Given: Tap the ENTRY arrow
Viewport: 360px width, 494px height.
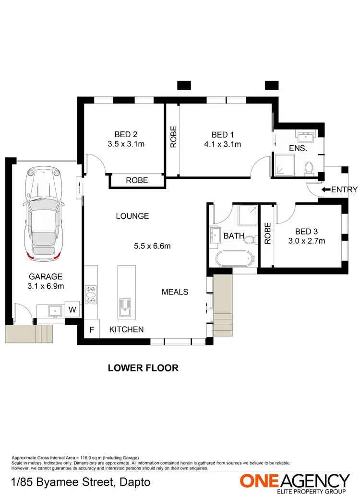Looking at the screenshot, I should coord(326,190).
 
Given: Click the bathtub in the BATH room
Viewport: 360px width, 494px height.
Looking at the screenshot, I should coord(234,259).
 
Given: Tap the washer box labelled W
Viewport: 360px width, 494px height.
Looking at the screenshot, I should coord(72,309).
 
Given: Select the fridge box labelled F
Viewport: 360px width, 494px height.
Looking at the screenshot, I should coord(92,330).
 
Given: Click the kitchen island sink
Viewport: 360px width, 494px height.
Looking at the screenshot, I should coord(125,306).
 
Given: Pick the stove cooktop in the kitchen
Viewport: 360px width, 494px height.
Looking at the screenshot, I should coord(91,295).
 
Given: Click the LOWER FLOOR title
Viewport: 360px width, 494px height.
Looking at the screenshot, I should coord(143,368).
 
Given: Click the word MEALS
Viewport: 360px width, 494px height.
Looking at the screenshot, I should coord(175,292).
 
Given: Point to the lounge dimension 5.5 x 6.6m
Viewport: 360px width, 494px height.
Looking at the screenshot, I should coord(152,247).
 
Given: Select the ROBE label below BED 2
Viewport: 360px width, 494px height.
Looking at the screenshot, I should coord(137,181).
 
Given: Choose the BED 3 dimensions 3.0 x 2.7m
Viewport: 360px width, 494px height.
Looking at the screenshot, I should coord(307,241).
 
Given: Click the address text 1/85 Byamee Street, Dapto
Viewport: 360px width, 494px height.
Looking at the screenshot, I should coord(80,482).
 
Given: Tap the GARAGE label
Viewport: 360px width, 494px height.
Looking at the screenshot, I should coord(46,277).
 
